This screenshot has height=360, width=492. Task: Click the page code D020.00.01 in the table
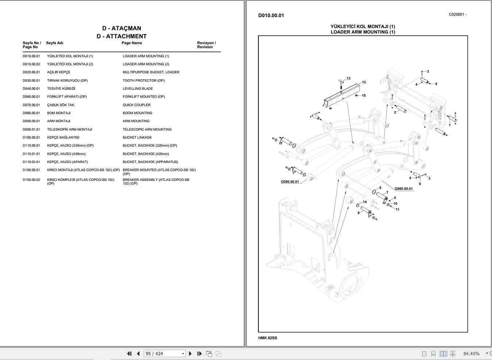click(31, 72)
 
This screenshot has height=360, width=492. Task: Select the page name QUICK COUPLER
click(137, 105)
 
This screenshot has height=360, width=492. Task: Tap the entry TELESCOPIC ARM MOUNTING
click(147, 129)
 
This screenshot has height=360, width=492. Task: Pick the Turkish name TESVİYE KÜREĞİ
click(61, 89)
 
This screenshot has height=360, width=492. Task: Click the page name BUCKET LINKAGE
click(137, 138)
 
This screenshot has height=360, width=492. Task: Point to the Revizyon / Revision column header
click(206, 45)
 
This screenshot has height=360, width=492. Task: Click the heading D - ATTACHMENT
click(122, 36)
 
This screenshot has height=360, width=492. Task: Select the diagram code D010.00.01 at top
click(271, 15)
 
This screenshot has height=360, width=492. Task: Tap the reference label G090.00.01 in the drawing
click(290, 182)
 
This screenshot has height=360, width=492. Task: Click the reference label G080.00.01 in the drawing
click(403, 189)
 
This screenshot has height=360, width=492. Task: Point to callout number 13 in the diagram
click(349, 78)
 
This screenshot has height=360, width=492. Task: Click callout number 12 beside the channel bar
click(364, 82)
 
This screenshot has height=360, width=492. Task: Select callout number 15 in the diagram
click(364, 96)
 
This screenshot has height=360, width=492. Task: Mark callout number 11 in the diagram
click(397, 209)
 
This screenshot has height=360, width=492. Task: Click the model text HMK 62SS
click(268, 338)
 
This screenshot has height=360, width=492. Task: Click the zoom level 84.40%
click(471, 353)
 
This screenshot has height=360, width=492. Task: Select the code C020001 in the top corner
click(457, 15)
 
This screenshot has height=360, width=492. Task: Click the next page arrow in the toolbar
click(190, 353)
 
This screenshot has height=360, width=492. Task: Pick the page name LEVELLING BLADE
click(138, 89)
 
